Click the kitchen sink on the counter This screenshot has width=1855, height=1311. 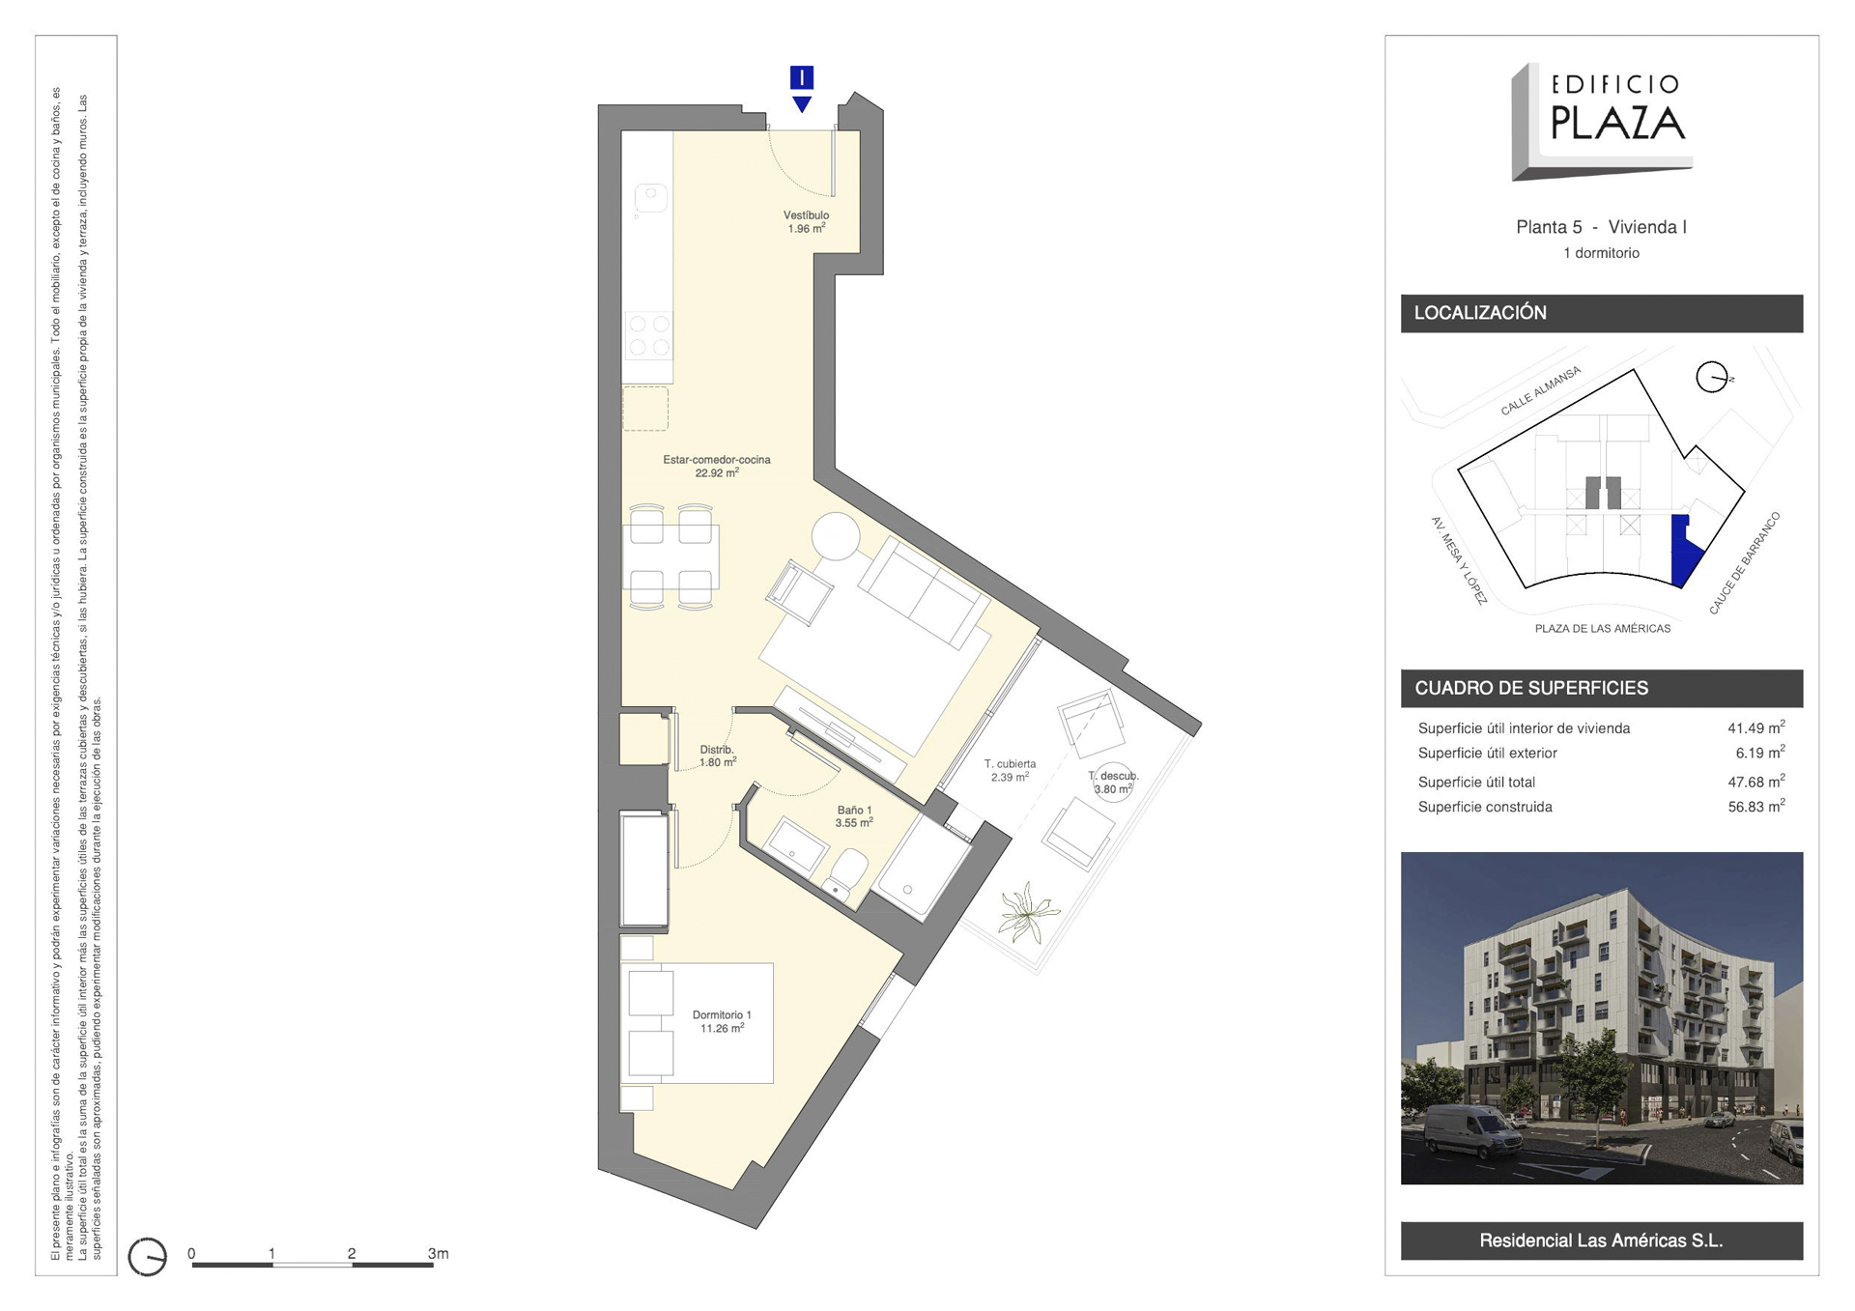point(651,198)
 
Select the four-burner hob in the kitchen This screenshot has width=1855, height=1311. point(648,335)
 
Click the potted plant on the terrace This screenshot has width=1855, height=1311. point(1028,911)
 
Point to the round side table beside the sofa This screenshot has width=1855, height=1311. point(836,535)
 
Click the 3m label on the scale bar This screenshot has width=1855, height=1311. point(438,1253)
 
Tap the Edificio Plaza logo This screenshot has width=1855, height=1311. point(1601,122)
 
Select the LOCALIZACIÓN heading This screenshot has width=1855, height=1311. point(1480,313)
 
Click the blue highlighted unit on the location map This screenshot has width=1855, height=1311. point(1684,550)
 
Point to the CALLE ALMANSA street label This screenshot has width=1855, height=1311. point(1540,391)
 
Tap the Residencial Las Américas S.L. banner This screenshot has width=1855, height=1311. point(1601,1240)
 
